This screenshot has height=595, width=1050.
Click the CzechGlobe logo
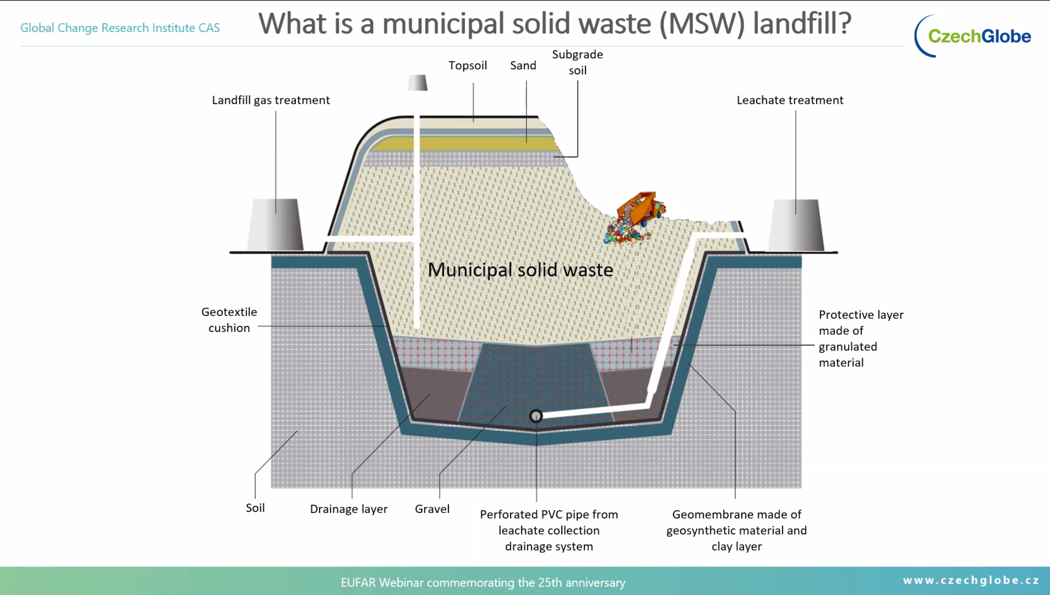973,36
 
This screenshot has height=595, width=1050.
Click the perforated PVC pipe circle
536,416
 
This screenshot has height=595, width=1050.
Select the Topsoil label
467,65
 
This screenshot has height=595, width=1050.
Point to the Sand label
523,65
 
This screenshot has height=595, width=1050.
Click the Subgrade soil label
577,62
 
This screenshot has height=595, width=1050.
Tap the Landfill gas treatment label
271,100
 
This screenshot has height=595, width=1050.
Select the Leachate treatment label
790,100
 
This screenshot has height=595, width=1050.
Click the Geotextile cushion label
229,320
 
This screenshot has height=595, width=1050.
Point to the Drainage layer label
349,509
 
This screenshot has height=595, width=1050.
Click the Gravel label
432,509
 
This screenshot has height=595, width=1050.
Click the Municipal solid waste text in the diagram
520,270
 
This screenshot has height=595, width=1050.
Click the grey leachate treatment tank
795,226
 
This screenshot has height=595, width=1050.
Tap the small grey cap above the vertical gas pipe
417,83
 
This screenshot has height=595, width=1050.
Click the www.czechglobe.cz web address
971,580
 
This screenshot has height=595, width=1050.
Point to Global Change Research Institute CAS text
120,28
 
